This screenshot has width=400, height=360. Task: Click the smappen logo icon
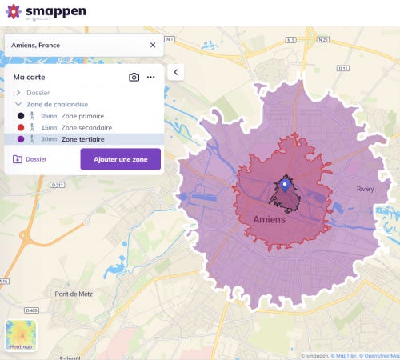click(14, 13)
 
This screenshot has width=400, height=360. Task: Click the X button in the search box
click(153, 45)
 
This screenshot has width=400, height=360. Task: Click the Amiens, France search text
click(36, 46)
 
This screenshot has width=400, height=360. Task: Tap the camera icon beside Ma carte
click(134, 77)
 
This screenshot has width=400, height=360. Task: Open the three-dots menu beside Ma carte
click(150, 77)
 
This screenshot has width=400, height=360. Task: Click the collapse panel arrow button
click(176, 72)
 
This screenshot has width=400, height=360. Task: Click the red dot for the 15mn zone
click(19, 127)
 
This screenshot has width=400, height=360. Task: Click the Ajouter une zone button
click(120, 159)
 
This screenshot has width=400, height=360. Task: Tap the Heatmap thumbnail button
click(21, 335)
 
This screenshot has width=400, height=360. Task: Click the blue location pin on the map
click(285, 187)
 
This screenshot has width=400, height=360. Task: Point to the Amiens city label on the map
click(269, 218)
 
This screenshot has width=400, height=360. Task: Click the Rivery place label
click(365, 190)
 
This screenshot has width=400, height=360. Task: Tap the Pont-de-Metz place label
click(73, 294)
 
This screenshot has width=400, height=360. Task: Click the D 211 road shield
click(57, 185)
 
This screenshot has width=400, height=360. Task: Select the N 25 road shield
click(323, 38)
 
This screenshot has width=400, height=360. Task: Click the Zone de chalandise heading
click(57, 104)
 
